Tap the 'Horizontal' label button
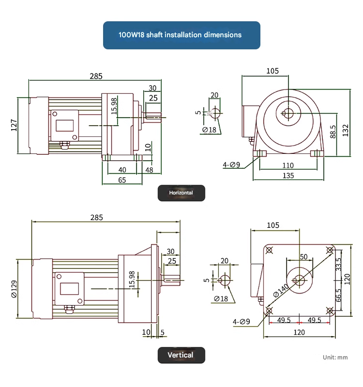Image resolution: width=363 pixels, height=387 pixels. [x=181, y=193]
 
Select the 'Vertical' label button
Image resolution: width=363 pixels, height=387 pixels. [x=181, y=355]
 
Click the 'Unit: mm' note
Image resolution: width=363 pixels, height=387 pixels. [x=335, y=357]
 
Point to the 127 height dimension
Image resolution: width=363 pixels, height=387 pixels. [x=14, y=125]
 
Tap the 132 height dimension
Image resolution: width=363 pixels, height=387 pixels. [x=345, y=130]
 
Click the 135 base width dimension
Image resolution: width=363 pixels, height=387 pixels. [x=288, y=176]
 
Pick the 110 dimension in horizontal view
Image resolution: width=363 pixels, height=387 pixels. [x=287, y=165]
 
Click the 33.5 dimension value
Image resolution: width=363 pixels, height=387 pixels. [x=338, y=265]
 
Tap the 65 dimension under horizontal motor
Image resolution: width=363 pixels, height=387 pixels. [x=122, y=180]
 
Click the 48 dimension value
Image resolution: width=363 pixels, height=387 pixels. [x=149, y=170]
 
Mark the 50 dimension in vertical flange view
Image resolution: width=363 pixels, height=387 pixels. [x=303, y=256]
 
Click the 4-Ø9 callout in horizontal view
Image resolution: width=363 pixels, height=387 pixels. [x=231, y=165]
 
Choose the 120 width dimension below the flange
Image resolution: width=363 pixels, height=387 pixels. [x=300, y=332]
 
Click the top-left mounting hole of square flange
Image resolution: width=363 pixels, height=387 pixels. [x=269, y=250]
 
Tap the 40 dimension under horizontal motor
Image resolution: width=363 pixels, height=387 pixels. [x=122, y=170]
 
